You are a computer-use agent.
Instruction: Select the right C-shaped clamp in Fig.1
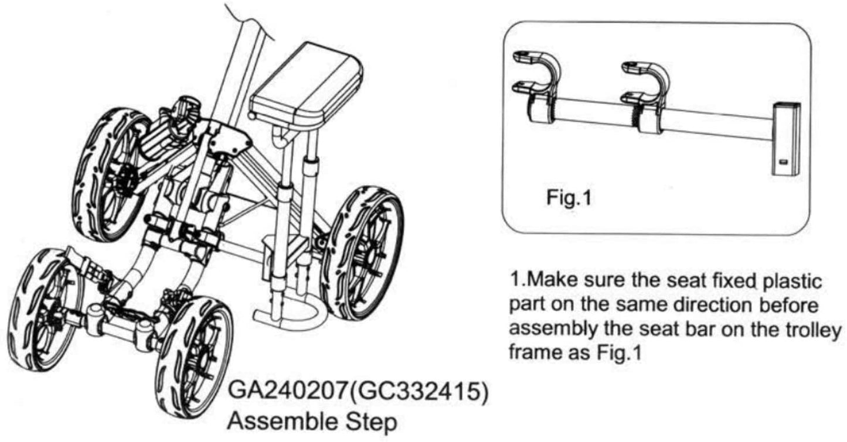tap(648, 94)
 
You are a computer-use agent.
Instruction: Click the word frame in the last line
tap(533, 355)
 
